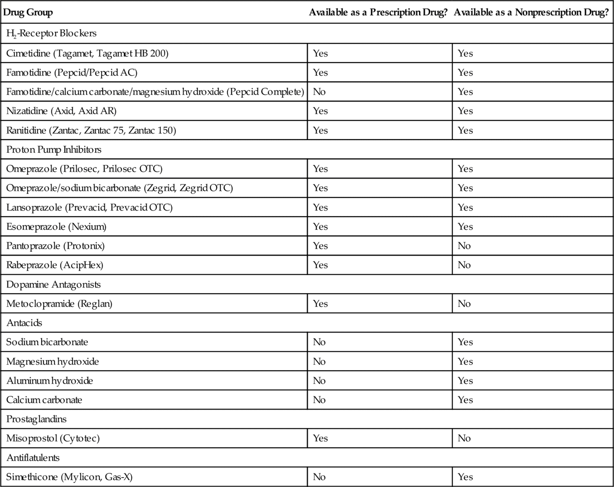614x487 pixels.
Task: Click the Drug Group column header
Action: coord(28,12)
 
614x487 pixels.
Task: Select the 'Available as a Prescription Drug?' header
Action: coord(378,12)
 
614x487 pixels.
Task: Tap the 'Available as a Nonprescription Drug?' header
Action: coord(531,12)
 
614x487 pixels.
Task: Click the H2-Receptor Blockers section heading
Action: coord(51,33)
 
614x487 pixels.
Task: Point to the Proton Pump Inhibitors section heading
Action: coord(54,150)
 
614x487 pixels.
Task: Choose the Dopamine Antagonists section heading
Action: coord(53,285)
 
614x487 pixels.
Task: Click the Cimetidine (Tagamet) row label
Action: coord(87,53)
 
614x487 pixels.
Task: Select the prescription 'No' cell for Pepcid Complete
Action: coord(319,92)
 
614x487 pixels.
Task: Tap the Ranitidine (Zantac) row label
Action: coord(91,130)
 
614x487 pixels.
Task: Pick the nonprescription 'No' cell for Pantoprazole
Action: coord(464,246)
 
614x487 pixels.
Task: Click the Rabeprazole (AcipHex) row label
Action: coord(55,265)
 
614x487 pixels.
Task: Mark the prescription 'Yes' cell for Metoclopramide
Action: coord(320,304)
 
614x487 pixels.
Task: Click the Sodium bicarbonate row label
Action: coord(47,342)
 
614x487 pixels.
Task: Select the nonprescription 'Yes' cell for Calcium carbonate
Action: coord(465,400)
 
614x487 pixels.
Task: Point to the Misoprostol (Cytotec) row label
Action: coord(53,438)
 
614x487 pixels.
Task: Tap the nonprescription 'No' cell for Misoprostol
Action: coord(464,438)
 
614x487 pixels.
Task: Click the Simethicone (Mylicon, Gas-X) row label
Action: coord(69,477)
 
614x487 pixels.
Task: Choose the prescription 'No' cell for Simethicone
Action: coord(319,477)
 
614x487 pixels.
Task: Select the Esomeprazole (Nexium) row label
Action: coord(56,227)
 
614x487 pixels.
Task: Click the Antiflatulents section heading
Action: coord(33,458)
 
